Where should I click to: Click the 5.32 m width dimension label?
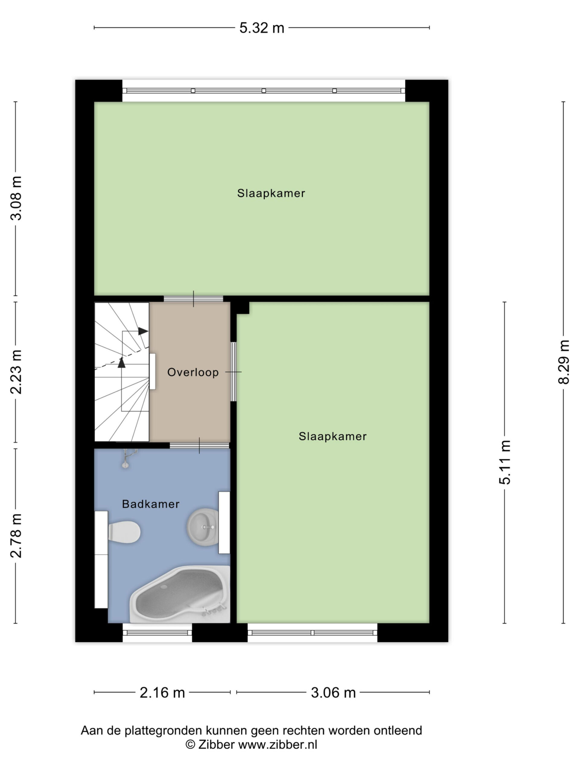262,28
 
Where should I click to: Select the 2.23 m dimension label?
16,372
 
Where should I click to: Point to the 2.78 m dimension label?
16,536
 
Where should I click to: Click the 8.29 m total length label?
564,362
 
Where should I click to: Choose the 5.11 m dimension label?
505,463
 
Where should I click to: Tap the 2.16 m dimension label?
162,693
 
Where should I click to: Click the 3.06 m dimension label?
333,693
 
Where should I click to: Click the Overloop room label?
193,372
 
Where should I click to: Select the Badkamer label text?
151,504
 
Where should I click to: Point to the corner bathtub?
180,594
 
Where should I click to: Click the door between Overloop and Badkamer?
199,445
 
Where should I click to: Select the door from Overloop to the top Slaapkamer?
193,299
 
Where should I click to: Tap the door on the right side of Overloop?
233,372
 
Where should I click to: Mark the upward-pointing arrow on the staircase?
122,363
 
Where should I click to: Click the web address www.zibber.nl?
278,745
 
